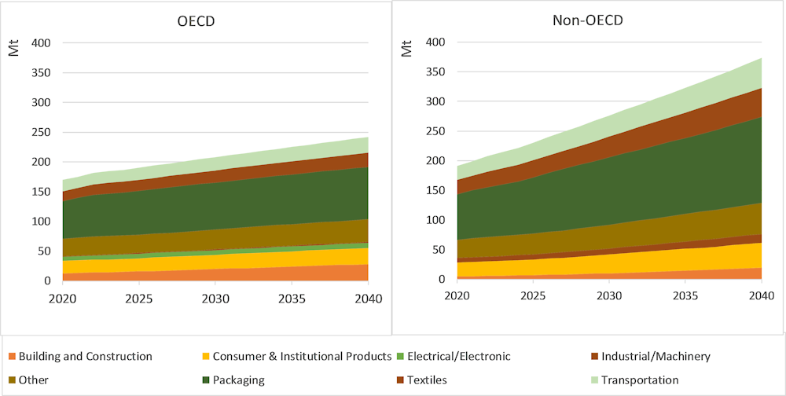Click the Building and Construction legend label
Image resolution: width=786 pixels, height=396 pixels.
[85, 357]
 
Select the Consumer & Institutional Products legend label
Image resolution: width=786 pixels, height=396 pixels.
[302, 357]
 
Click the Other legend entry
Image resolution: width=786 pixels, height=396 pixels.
[33, 380]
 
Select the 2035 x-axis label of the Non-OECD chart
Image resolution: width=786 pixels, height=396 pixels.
[685, 298]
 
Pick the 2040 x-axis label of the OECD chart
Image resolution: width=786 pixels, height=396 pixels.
[368, 299]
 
